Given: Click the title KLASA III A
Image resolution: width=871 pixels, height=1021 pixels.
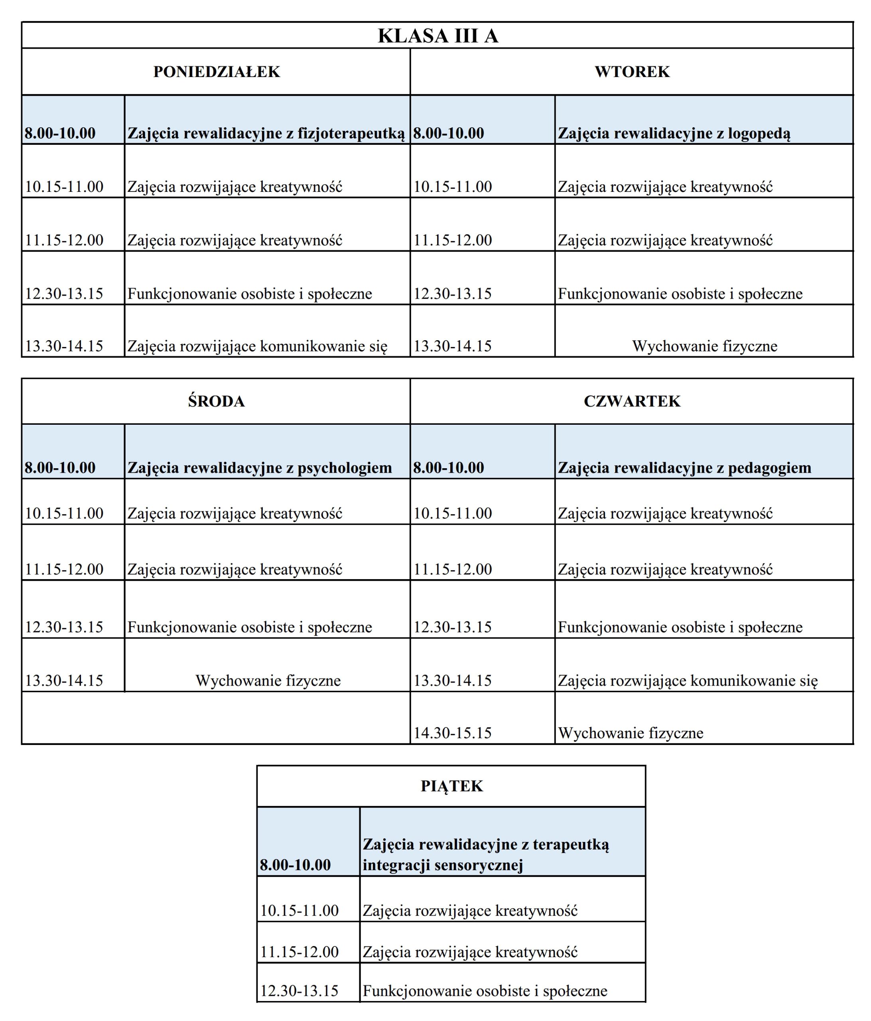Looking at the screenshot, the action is (437, 36).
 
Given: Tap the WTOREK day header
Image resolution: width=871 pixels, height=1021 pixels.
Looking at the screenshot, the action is (632, 72).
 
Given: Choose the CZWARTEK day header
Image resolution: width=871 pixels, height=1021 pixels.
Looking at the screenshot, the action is (632, 402).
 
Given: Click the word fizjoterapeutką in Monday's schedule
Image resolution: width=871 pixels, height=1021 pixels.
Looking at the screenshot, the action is (351, 134).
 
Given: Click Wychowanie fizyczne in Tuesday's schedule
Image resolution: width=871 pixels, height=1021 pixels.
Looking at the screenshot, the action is (704, 346).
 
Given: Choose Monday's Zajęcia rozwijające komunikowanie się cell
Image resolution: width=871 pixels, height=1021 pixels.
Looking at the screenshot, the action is (258, 346).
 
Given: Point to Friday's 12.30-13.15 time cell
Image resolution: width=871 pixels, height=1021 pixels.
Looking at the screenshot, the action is (299, 991).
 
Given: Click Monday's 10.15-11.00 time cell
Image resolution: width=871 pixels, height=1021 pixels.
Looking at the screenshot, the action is (64, 187).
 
